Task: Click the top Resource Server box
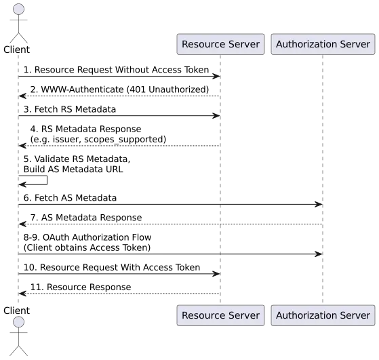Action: pyautogui.click(x=220, y=44)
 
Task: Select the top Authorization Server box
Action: pyautogui.click(x=323, y=44)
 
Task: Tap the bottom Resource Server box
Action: pyautogui.click(x=220, y=315)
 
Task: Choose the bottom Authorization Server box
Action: pyautogui.click(x=323, y=315)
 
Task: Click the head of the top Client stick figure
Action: pyautogui.click(x=18, y=9)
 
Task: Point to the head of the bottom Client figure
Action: pyautogui.click(x=18, y=322)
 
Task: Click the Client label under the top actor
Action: pyautogui.click(x=17, y=49)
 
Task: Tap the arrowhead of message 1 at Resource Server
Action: pyautogui.click(x=216, y=77)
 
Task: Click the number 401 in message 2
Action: pyautogui.click(x=138, y=89)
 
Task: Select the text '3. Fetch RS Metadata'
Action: pyautogui.click(x=70, y=109)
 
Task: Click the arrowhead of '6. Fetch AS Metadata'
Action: pyautogui.click(x=319, y=205)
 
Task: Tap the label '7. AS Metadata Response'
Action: pyautogui.click(x=86, y=218)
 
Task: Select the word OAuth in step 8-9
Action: pyautogui.click(x=56, y=237)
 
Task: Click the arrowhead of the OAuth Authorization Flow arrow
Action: pyautogui.click(x=319, y=254)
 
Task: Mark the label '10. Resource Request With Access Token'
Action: pyautogui.click(x=112, y=267)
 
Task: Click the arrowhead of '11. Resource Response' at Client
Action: pyautogui.click(x=22, y=294)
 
